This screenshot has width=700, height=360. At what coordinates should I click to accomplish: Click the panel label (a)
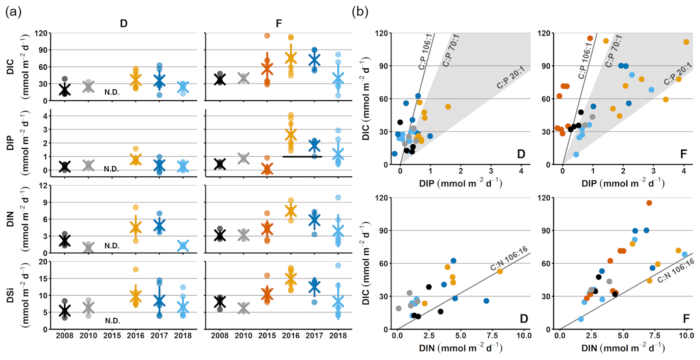click(x=13, y=12)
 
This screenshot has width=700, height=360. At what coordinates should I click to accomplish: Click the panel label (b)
click(x=360, y=12)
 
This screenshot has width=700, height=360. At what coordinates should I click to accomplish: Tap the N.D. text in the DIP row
click(x=112, y=169)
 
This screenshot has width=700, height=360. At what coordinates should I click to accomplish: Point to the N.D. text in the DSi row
click(x=112, y=321)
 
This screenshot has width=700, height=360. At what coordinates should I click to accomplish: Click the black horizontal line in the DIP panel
click(x=302, y=157)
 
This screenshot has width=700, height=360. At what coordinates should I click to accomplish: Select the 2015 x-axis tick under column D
click(x=112, y=336)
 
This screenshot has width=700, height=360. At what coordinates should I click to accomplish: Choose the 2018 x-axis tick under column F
click(x=338, y=336)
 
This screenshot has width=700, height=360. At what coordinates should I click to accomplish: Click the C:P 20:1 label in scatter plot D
click(x=511, y=78)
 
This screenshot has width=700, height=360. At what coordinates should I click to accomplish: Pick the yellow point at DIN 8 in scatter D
click(x=500, y=271)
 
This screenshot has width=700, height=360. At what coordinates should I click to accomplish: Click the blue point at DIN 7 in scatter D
click(x=486, y=301)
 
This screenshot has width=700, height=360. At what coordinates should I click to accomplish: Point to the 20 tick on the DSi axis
click(x=43, y=262)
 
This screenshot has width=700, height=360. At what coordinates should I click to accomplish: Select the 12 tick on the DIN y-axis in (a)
click(x=43, y=186)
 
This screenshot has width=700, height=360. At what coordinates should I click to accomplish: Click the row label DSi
click(x=10, y=295)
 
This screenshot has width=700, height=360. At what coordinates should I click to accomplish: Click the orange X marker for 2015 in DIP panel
click(x=267, y=169)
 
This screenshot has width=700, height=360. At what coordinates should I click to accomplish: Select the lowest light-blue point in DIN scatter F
click(x=581, y=319)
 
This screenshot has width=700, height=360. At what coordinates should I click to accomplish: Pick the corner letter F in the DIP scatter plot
click(x=683, y=154)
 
